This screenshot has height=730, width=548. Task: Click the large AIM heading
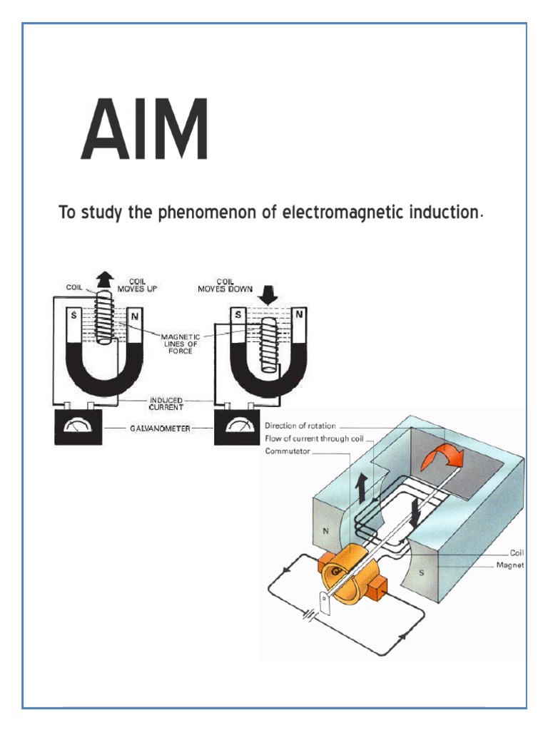144,130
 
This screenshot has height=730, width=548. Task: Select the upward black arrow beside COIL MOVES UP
106,279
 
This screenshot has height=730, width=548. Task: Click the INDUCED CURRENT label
166,403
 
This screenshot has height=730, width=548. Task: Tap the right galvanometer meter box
238,428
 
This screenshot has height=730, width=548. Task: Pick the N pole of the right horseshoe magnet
299,314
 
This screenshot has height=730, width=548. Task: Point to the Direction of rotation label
300,426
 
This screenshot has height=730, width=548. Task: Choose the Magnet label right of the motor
510,565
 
